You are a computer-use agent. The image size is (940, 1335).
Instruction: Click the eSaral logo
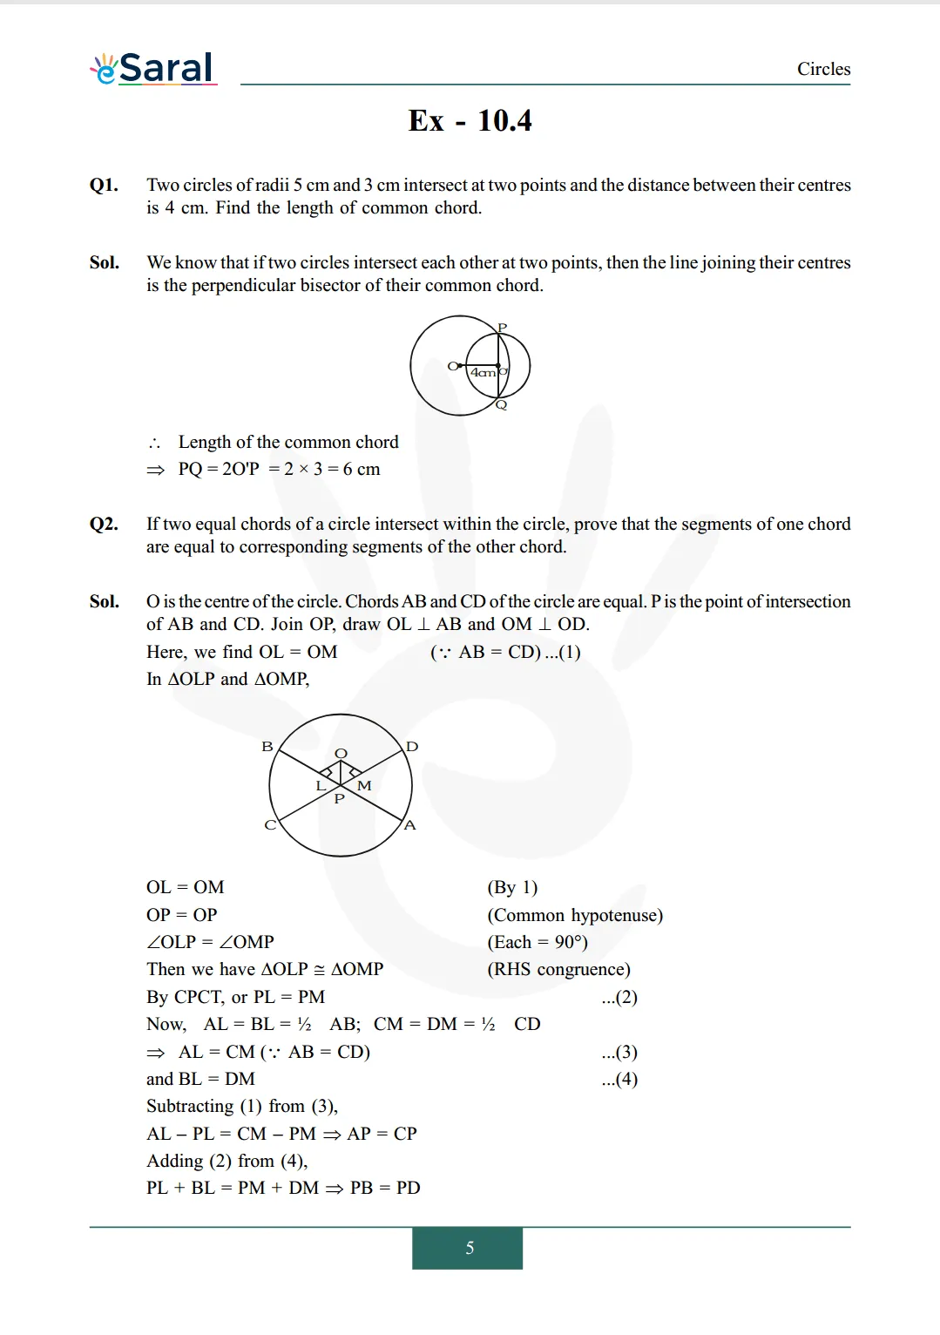[153, 68]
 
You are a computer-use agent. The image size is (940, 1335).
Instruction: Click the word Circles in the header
[823, 69]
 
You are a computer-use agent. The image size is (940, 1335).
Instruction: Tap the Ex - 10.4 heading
[470, 120]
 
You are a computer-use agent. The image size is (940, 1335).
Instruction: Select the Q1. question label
[104, 185]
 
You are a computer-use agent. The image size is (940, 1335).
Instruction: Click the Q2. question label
[104, 524]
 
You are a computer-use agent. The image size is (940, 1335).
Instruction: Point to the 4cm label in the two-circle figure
[482, 373]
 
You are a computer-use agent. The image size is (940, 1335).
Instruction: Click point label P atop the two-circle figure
[502, 328]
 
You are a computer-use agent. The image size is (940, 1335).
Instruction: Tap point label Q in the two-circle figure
[501, 405]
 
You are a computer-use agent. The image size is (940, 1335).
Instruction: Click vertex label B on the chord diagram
[267, 747]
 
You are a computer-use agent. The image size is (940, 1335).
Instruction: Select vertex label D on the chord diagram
[412, 747]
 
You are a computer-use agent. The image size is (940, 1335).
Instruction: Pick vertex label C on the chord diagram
[270, 824]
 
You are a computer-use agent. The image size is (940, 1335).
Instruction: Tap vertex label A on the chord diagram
[410, 824]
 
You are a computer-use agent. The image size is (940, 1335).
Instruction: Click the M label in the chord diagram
[364, 786]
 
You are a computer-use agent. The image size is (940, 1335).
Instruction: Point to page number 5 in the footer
[470, 1248]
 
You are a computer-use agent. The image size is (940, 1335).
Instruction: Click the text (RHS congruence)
[558, 969]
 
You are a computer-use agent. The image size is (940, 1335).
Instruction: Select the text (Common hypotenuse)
[575, 915]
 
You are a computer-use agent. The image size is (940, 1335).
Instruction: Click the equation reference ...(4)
[619, 1079]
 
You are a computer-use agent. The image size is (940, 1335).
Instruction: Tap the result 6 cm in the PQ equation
[362, 469]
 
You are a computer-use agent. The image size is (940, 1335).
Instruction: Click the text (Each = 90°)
[538, 942]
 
